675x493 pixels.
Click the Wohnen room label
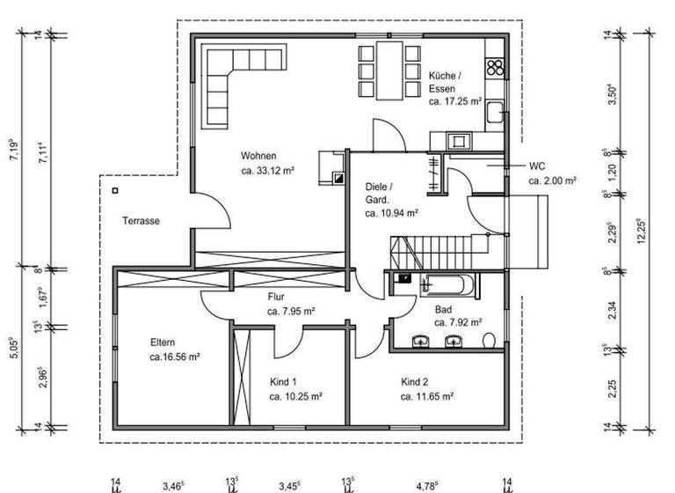pos(259,156)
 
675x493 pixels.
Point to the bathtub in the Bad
pos(449,286)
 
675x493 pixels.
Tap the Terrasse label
pos(141,221)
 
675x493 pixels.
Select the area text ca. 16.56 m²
pos(175,357)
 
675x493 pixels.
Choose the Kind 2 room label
pos(415,382)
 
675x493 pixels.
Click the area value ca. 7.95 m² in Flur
pos(291,311)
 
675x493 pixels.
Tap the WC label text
pos(538,166)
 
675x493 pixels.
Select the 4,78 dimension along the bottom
pos(427,484)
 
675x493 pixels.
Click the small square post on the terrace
pos(114,189)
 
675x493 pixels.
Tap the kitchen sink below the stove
pos(496,113)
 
